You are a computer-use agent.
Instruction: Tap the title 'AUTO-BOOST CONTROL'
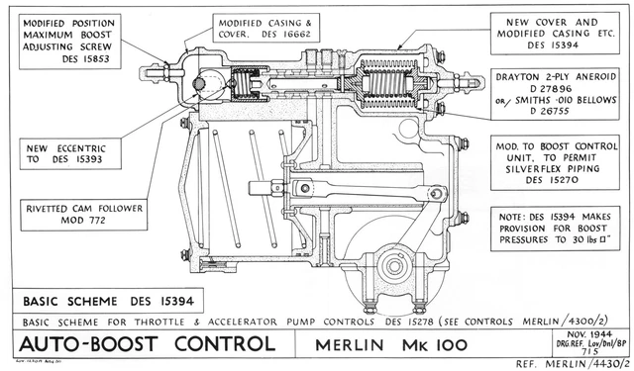point(145,344)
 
